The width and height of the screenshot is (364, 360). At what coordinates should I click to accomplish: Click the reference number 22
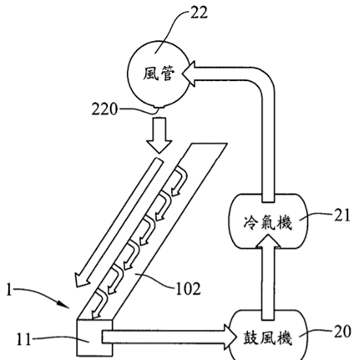[x=199, y=13]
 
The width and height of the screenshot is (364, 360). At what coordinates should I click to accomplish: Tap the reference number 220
[x=104, y=109]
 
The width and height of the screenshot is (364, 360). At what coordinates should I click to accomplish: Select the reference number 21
[x=341, y=215]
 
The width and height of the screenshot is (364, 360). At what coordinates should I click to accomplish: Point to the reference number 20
[x=342, y=332]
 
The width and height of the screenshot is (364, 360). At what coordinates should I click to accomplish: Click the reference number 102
[x=188, y=289]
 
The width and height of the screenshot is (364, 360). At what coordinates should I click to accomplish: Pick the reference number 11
[x=23, y=339]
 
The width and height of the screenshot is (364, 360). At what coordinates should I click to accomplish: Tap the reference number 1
[x=9, y=290]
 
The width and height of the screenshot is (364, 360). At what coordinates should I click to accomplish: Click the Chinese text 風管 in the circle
[x=159, y=74]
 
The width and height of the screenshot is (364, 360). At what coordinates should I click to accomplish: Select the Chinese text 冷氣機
[x=267, y=223]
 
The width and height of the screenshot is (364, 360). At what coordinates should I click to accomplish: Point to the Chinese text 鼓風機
[x=268, y=338]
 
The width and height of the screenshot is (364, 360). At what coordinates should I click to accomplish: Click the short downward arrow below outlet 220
[x=159, y=135]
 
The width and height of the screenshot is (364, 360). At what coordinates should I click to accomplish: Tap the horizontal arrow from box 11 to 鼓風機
[x=169, y=337]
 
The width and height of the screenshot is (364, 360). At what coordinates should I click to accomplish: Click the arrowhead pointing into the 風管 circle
[x=190, y=74]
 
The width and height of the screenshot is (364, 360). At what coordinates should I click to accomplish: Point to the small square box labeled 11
[x=95, y=337]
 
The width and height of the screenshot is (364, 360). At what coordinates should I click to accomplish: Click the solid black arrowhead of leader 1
[x=64, y=304]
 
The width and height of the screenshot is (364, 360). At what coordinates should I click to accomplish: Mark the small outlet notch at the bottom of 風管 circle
[x=159, y=106]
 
